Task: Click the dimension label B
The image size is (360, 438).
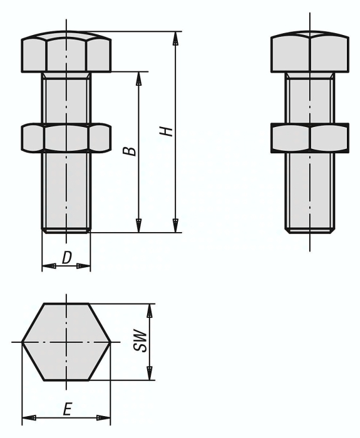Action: point(128,151)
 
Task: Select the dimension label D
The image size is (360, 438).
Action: point(66,257)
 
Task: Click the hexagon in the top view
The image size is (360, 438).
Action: point(66,342)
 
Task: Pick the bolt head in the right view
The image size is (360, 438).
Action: point(310,54)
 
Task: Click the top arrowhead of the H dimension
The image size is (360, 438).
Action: point(176,37)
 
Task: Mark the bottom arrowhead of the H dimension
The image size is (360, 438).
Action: point(176,226)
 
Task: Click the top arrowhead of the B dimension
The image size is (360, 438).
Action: point(140,78)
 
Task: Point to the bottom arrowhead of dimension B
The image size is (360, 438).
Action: point(140,226)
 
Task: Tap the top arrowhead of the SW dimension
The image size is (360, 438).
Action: point(149,310)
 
